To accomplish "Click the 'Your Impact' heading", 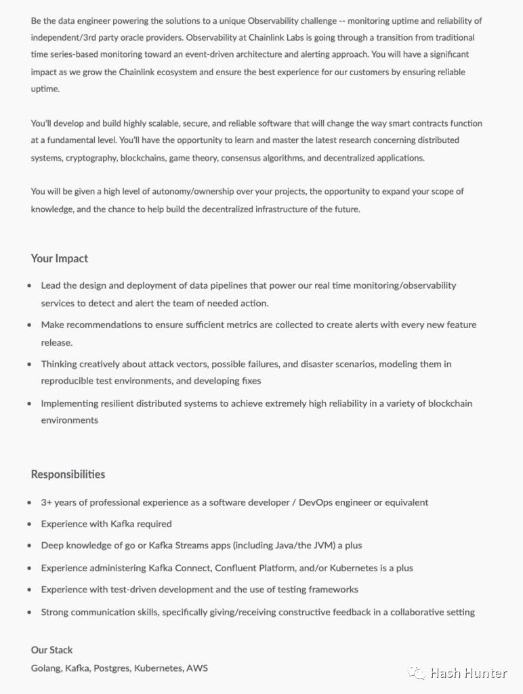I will pos(60,258).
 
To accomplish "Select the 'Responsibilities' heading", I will pos(68,474).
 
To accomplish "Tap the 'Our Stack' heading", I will pos(51,649).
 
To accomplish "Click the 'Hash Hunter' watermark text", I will pos(468,673).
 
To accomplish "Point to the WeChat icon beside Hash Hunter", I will pos(417,673).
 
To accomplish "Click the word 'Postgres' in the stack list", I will pos(111,668).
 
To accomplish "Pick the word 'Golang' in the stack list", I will pos(46,668).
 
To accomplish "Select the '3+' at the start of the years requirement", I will pos(47,502).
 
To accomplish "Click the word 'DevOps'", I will pos(316,502).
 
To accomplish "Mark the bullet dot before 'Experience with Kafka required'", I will pos(29,524).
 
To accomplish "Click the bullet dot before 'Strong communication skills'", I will pos(29,612).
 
